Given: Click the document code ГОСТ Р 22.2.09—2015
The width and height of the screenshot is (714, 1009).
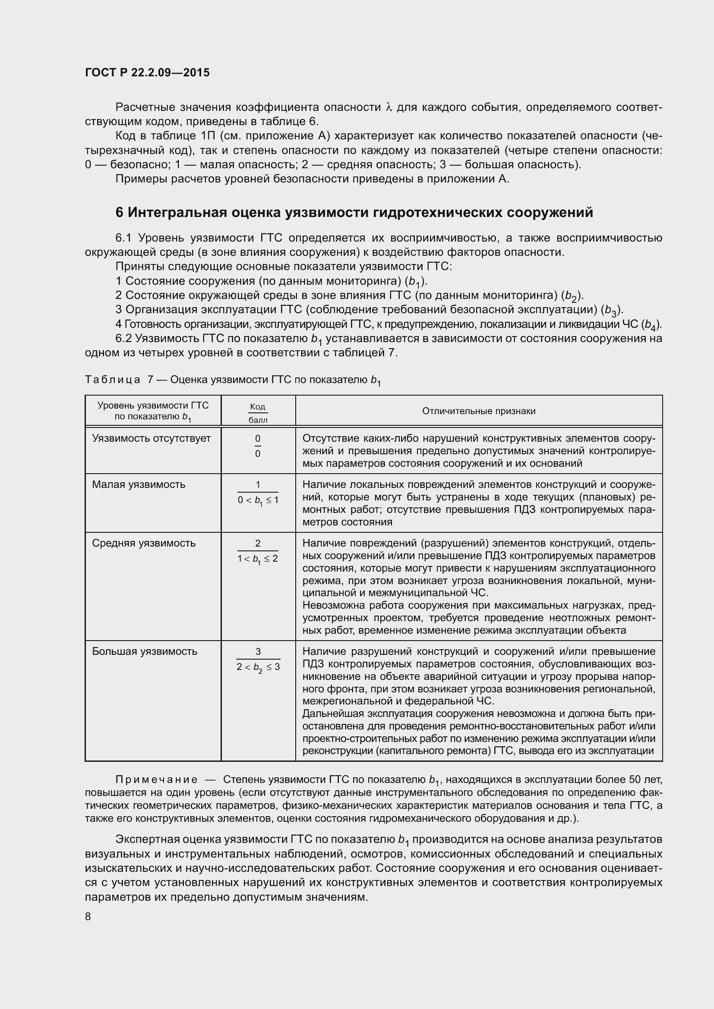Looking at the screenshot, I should (147, 72).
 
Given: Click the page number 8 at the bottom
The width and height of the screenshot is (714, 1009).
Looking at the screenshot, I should (88, 916).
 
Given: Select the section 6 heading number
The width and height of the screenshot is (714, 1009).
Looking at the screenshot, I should (120, 213).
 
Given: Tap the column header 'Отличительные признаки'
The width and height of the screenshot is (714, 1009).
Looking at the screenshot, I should (478, 411).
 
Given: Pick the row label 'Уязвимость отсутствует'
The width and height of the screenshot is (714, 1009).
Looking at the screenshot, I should (151, 438).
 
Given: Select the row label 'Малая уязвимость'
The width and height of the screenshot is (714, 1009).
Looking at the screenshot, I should (139, 484).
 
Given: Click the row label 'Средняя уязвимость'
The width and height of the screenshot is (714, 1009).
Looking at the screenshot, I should (143, 543).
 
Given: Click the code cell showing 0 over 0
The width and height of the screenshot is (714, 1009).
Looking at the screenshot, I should (258, 446).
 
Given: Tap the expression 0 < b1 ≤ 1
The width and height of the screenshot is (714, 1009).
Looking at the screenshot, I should (258, 500).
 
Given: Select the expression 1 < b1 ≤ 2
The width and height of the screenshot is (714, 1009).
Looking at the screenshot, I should (258, 559).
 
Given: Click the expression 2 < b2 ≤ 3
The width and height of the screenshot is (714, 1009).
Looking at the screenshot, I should (258, 667).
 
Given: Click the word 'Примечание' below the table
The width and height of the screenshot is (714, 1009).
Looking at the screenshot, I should (156, 780).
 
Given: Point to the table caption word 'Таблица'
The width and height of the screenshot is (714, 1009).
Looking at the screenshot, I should (113, 380).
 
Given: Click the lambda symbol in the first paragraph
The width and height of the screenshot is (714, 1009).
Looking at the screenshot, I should (388, 107).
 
